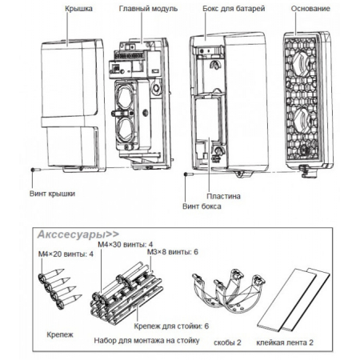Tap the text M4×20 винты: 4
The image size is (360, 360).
pyautogui.click(x=66, y=254)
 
